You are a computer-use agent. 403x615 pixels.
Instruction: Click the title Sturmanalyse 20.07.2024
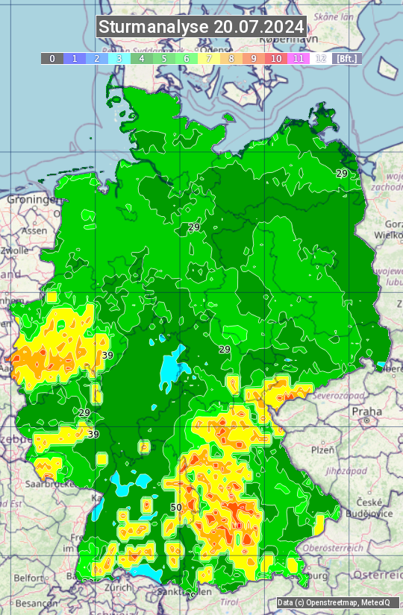pyautogui.click(x=201, y=27)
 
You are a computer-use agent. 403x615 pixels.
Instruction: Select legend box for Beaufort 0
pyautogui.click(x=52, y=58)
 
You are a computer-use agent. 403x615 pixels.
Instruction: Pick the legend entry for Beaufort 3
pyautogui.click(x=119, y=58)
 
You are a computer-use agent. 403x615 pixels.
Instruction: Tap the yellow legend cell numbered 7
pyautogui.click(x=209, y=58)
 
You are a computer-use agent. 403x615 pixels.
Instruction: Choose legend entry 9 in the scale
pyautogui.click(x=254, y=58)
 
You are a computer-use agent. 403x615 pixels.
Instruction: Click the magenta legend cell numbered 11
pyautogui.click(x=299, y=58)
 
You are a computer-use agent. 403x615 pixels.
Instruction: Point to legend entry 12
pyautogui.click(x=321, y=58)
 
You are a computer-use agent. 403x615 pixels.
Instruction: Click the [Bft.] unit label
pyautogui.click(x=346, y=58)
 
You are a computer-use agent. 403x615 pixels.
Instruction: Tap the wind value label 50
pyautogui.click(x=176, y=508)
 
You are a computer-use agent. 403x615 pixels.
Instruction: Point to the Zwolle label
pyautogui.click(x=14, y=250)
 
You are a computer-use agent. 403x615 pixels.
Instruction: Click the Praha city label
pyautogui.click(x=366, y=411)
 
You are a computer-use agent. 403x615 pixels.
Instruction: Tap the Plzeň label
pyautogui.click(x=322, y=450)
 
